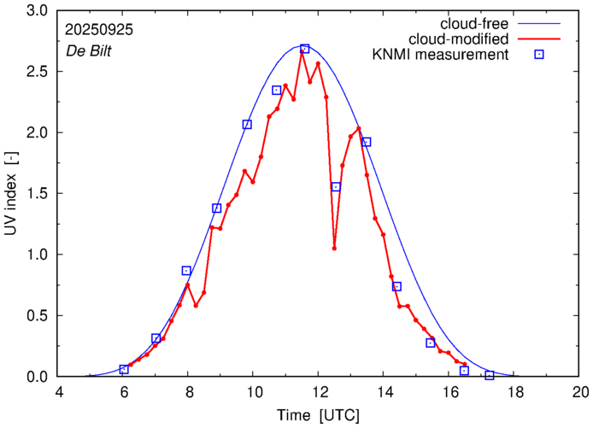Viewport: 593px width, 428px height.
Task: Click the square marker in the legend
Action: pos(539,56)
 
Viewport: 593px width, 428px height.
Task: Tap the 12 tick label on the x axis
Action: pos(320,394)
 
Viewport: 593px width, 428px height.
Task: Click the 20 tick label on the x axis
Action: pos(580,394)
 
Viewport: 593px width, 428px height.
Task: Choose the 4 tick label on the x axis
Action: pos(59,394)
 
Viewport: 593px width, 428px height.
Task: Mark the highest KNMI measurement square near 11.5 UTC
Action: pos(305,49)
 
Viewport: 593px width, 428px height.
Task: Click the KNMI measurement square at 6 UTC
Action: pos(124,369)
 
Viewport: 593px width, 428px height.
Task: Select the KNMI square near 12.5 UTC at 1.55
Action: pos(336,187)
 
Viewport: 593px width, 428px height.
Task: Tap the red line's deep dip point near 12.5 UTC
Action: pos(334,249)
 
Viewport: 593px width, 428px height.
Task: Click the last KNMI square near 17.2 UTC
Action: pos(490,375)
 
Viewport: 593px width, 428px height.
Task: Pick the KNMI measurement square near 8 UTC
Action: pos(186,271)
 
